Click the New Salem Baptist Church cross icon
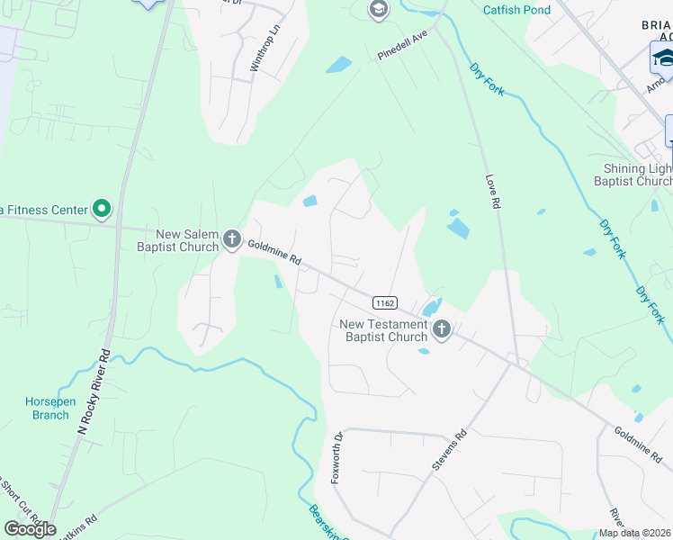click(232, 238)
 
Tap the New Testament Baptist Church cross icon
click(441, 329)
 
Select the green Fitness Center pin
click(102, 210)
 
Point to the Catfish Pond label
click(516, 10)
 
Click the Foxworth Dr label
click(337, 458)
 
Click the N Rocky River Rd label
click(94, 393)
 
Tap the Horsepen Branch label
click(47, 409)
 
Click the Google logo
click(30, 529)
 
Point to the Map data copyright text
click(635, 533)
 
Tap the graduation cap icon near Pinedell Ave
click(378, 10)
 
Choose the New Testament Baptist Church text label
click(383, 330)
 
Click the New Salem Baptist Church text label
click(187, 240)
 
